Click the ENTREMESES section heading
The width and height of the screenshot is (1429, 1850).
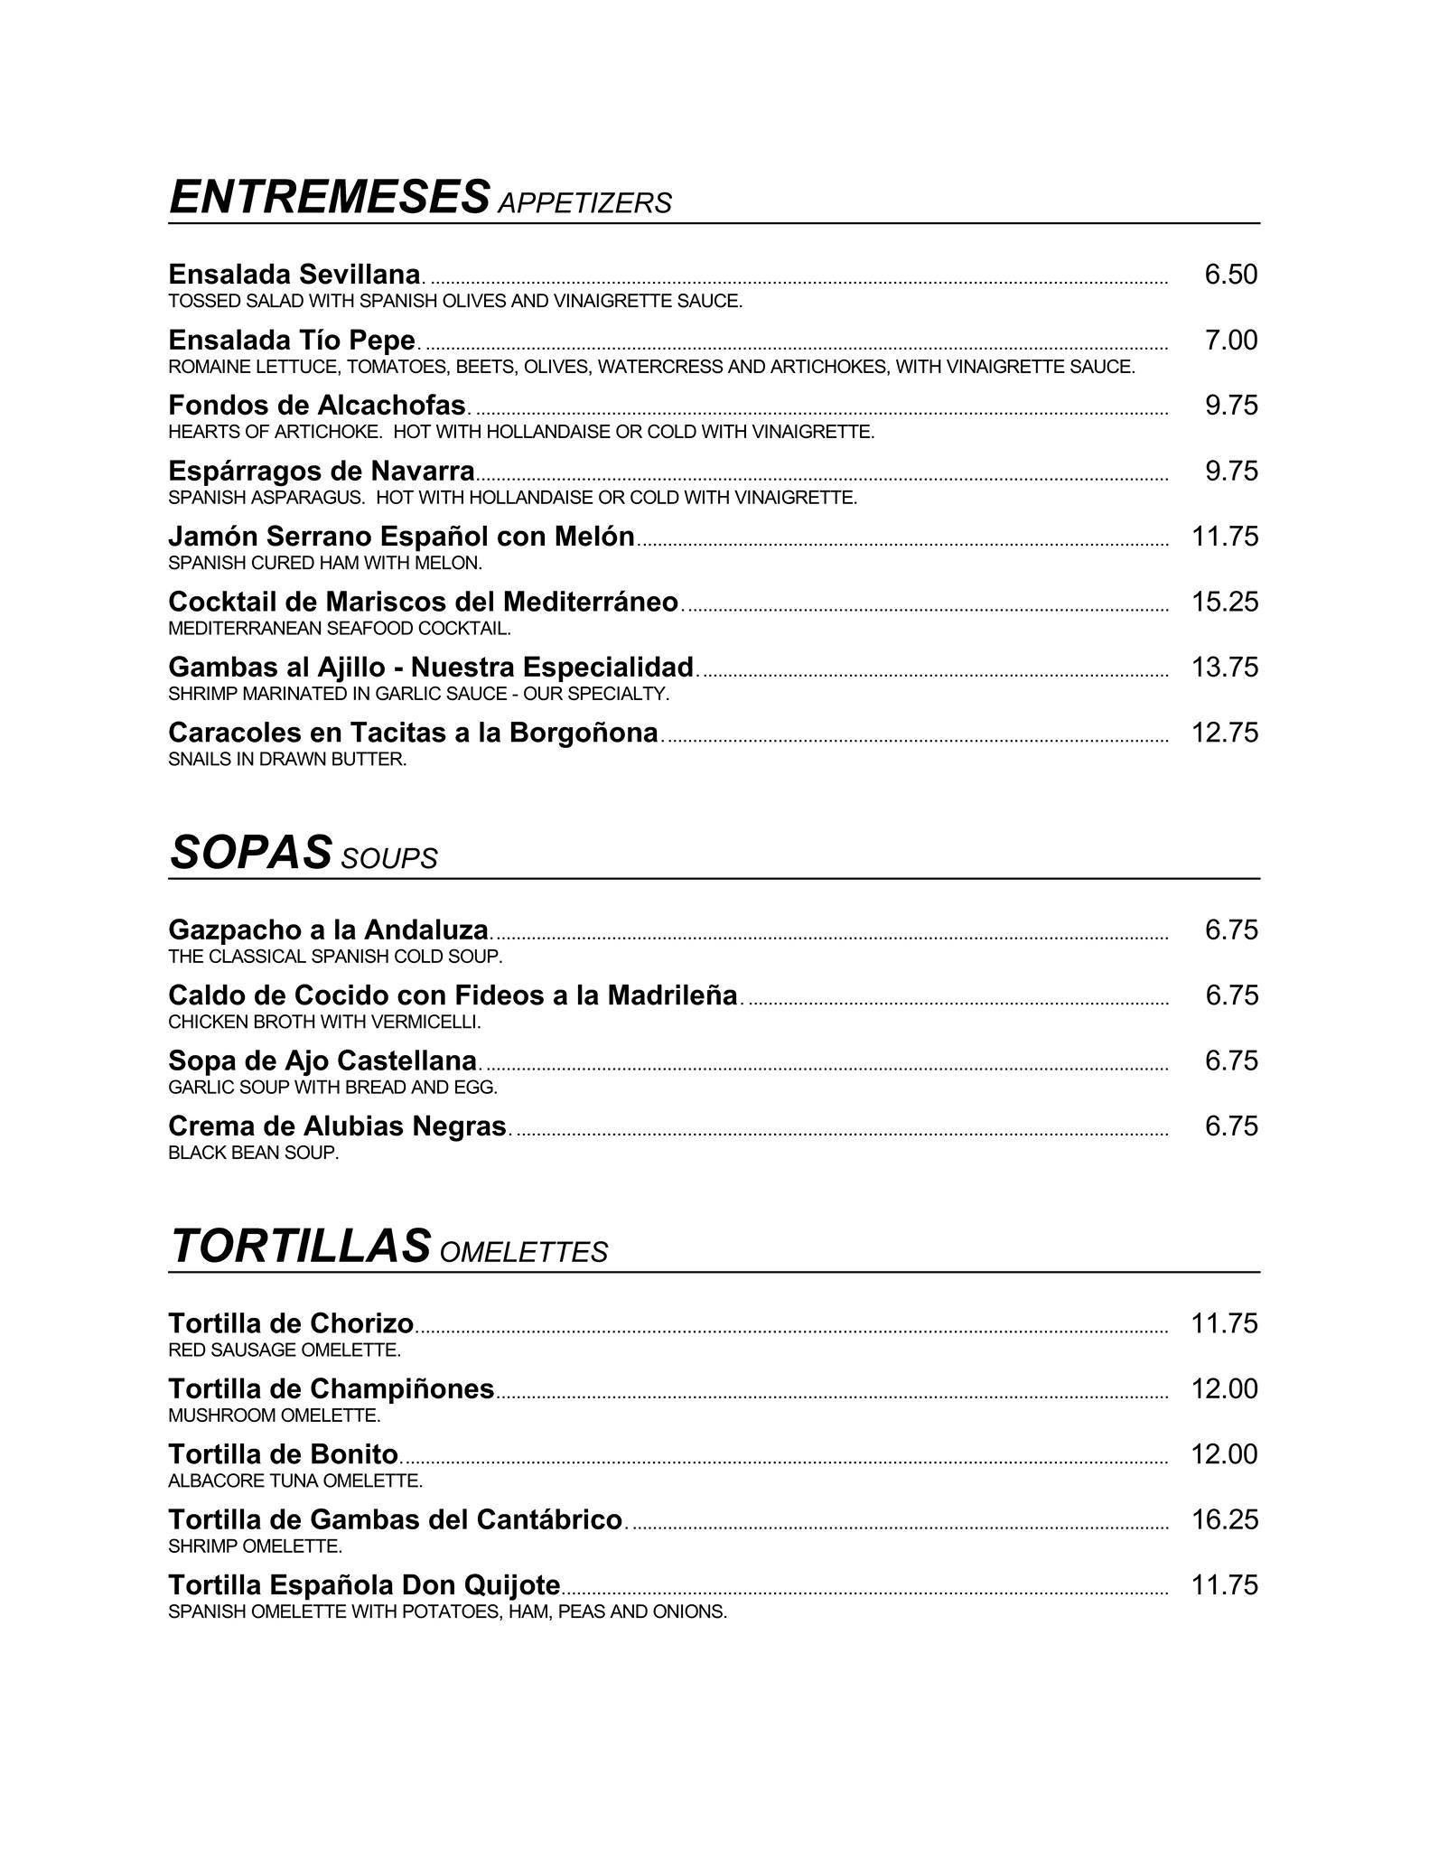329,198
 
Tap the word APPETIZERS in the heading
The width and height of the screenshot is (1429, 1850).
584,203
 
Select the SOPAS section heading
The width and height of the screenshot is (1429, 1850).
250,853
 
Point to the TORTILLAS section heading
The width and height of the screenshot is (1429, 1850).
299,1247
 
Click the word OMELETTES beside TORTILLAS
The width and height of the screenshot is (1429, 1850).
524,1252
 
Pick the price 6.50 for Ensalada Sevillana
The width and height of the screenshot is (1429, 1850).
1230,275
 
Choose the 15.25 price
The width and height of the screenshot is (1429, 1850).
1225,602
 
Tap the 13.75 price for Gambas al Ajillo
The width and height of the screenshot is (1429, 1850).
1225,668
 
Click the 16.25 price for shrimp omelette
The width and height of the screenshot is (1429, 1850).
1225,1519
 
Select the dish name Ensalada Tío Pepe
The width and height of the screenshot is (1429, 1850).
292,341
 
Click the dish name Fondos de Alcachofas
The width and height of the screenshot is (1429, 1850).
317,406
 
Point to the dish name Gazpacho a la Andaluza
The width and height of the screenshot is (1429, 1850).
329,930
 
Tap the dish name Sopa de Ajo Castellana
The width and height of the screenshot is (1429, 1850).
322,1060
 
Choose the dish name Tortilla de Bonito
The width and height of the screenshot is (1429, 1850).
284,1454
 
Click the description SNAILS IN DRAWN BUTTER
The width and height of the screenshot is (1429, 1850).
287,760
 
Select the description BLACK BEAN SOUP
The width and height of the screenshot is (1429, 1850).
253,1154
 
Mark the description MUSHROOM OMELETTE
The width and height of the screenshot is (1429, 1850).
274,1416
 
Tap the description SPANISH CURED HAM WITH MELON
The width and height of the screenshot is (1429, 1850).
325,564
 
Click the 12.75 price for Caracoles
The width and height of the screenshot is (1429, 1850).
1225,733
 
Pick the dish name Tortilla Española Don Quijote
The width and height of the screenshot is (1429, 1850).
364,1585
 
